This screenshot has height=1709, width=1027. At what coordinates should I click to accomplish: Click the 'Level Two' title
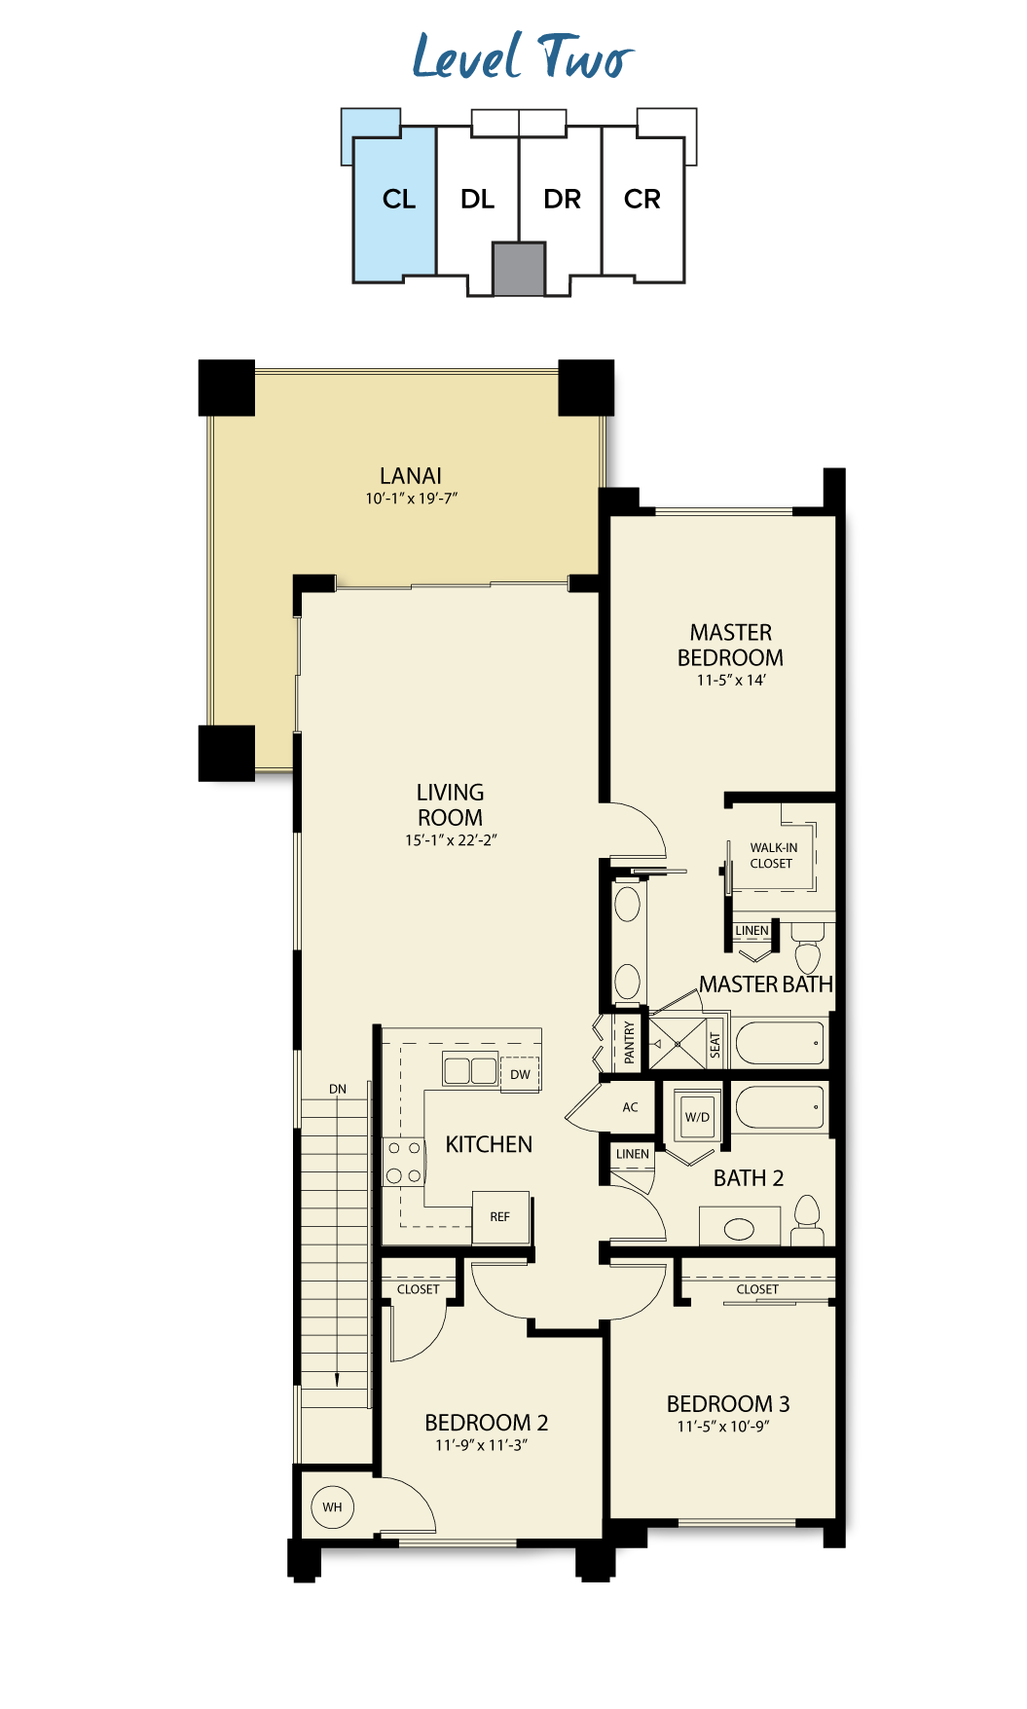tap(523, 56)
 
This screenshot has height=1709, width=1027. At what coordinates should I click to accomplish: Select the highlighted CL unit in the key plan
tap(394, 204)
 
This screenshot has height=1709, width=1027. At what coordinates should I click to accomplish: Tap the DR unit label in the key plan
tap(562, 199)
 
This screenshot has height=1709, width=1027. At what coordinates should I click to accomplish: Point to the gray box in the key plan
tap(518, 269)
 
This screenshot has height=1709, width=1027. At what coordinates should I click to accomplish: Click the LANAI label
tap(411, 475)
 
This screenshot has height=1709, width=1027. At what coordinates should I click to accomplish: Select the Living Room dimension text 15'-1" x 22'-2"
tap(451, 839)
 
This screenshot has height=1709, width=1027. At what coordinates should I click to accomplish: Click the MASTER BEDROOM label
tap(730, 645)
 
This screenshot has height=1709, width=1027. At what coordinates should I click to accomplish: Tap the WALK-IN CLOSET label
tap(773, 855)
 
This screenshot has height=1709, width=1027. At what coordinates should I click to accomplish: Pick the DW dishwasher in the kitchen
tap(520, 1074)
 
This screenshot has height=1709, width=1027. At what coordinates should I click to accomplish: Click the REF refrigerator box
tap(500, 1216)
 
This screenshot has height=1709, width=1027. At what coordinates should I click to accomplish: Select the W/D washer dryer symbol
tap(697, 1117)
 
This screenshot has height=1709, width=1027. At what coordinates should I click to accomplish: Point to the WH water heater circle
tap(332, 1506)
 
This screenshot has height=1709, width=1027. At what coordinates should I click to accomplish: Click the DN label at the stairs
tap(338, 1089)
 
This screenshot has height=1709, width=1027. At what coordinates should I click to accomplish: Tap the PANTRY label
tap(629, 1043)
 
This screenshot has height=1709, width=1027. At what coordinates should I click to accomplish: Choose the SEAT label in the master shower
tap(715, 1045)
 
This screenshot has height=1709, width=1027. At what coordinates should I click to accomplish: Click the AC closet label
tap(631, 1107)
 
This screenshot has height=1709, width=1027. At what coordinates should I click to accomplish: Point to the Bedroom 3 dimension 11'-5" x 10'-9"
tap(723, 1426)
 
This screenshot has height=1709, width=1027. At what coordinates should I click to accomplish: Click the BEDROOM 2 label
tap(487, 1422)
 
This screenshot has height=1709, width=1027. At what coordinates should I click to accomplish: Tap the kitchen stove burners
tap(403, 1162)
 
